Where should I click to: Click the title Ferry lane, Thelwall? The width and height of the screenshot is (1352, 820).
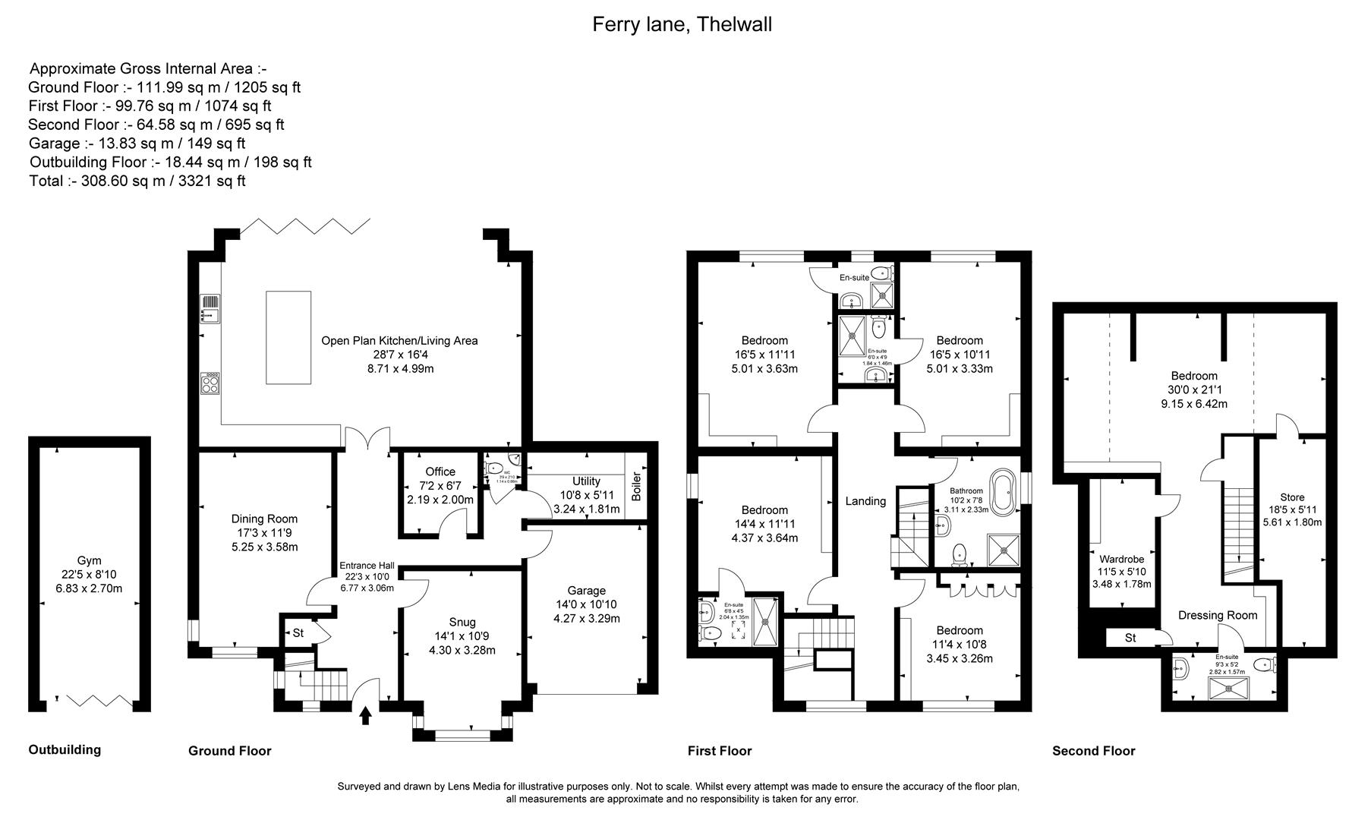(681, 24)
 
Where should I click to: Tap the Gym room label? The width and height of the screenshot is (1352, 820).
(89, 560)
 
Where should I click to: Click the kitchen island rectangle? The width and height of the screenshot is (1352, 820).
(288, 337)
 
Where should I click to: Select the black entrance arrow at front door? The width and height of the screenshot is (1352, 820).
(366, 715)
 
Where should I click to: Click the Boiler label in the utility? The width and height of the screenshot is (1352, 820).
(636, 487)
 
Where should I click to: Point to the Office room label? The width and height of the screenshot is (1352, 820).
(440, 471)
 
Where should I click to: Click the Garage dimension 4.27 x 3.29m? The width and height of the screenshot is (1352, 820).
(586, 618)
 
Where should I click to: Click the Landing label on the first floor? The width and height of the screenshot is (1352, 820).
(865, 501)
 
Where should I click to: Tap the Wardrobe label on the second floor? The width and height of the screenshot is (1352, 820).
(1121, 559)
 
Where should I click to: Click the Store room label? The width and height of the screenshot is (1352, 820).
(1292, 498)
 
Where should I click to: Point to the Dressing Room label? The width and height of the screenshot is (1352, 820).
(1217, 615)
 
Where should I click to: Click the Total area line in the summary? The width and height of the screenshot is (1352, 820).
(137, 181)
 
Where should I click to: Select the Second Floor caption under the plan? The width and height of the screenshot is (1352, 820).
(1093, 751)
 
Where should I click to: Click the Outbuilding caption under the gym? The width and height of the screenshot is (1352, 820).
(65, 749)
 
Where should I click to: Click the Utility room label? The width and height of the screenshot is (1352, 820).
(586, 481)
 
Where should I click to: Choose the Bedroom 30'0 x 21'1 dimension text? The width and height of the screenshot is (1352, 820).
(1193, 389)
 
